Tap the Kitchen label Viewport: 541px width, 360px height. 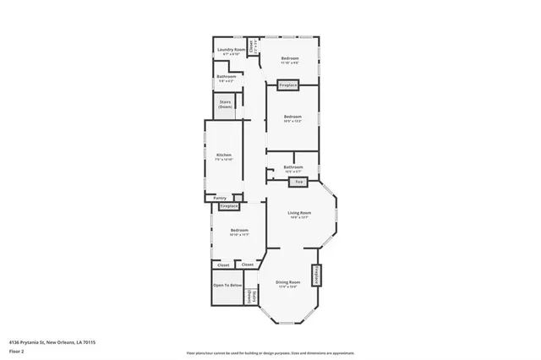(x=224, y=155)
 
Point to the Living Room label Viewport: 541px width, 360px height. (x=300, y=212)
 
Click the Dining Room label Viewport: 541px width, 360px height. (x=288, y=282)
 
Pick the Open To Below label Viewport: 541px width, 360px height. (x=227, y=286)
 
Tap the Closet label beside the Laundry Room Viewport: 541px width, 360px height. (x=252, y=46)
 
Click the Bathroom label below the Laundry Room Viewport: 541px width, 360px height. (x=226, y=77)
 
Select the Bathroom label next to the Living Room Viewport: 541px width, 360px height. (x=292, y=168)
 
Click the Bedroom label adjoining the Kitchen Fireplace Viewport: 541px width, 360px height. (x=239, y=231)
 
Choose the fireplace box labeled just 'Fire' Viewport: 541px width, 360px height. (x=298, y=182)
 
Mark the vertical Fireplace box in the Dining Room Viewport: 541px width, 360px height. (x=317, y=275)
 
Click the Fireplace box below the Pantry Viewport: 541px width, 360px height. (x=229, y=205)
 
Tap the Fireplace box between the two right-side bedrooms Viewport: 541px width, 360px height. (x=288, y=85)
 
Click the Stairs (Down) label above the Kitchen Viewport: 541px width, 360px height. (x=226, y=104)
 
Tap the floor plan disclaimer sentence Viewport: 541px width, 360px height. (x=270, y=352)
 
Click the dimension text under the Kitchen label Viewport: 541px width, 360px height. (x=224, y=160)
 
